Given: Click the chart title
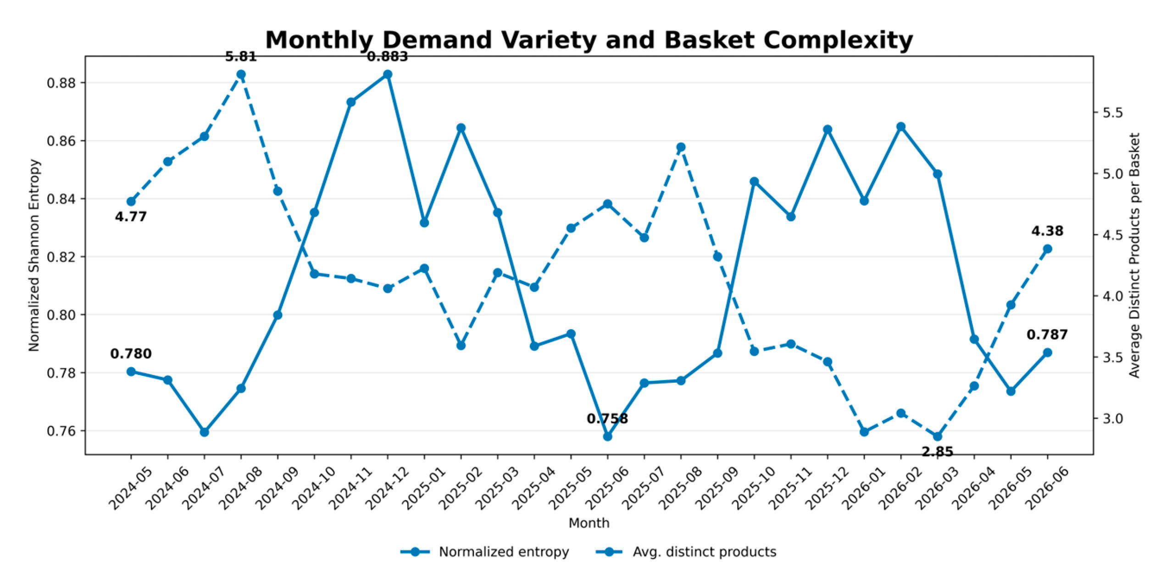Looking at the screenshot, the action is pyautogui.click(x=589, y=40).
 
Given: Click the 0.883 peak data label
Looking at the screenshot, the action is pyautogui.click(x=387, y=57).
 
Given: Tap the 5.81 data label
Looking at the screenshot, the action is pyautogui.click(x=241, y=57).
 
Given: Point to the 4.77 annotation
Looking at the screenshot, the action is pyautogui.click(x=131, y=217).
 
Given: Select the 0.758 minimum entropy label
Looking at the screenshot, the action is pyautogui.click(x=607, y=419).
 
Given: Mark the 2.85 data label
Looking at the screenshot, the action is pyautogui.click(x=938, y=452).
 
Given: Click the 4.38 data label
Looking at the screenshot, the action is pyautogui.click(x=1047, y=231).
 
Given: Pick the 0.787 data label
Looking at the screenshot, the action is pyautogui.click(x=1047, y=335).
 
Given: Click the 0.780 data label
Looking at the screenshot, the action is pyautogui.click(x=131, y=354).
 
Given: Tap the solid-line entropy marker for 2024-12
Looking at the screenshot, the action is pyautogui.click(x=388, y=74).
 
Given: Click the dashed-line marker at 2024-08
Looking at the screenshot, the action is pyautogui.click(x=241, y=74).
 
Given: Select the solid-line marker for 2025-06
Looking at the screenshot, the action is pyautogui.click(x=607, y=436).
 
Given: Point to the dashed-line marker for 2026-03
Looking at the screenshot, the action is pyautogui.click(x=938, y=436).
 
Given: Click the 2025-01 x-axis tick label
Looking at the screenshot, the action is pyautogui.click(x=418, y=487).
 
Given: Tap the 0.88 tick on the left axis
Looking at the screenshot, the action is pyautogui.click(x=61, y=83).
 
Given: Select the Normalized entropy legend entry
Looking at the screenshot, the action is pyautogui.click(x=485, y=552).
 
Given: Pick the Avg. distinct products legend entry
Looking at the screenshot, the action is pyautogui.click(x=686, y=552).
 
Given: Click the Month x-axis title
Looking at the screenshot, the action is pyautogui.click(x=589, y=523).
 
